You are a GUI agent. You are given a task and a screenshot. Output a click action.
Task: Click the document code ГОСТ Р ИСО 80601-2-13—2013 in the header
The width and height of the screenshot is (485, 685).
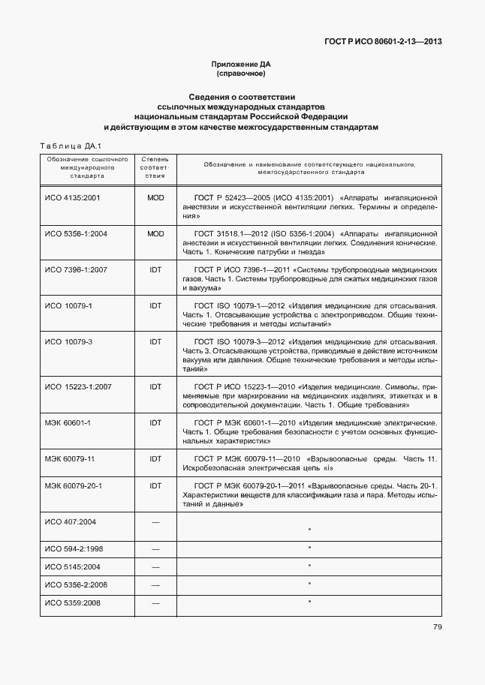pyautogui.click(x=383, y=42)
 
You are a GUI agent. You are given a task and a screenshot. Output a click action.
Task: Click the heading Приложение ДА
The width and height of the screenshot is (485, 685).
pyautogui.click(x=242, y=65)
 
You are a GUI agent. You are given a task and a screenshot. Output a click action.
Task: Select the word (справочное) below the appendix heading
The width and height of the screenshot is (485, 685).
pyautogui.click(x=242, y=74)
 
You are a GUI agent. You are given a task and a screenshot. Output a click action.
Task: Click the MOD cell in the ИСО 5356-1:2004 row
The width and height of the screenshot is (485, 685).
pyautogui.click(x=155, y=233)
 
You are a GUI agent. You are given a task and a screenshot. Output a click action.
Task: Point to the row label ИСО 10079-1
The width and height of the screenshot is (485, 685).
pyautogui.click(x=68, y=305)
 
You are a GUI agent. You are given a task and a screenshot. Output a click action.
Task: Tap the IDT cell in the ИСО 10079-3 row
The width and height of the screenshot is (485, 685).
pyautogui.click(x=155, y=341)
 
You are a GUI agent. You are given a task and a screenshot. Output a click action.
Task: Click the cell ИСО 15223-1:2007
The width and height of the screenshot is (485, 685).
pyautogui.click(x=78, y=386)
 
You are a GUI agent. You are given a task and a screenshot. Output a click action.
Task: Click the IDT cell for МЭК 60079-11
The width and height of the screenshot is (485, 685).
pyautogui.click(x=155, y=458)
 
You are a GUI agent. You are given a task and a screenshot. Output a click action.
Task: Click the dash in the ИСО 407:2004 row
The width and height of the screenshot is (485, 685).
pyautogui.click(x=155, y=521)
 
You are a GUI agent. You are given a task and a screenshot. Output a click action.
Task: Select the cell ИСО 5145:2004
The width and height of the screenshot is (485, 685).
pyautogui.click(x=73, y=566)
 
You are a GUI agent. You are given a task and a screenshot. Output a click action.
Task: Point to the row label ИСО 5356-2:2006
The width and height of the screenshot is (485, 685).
pyautogui.click(x=76, y=584)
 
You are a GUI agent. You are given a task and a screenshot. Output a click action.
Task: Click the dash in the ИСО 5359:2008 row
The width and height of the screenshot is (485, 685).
pyautogui.click(x=155, y=602)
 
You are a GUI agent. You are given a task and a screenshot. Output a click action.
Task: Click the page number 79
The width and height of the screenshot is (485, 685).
pyautogui.click(x=437, y=627)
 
